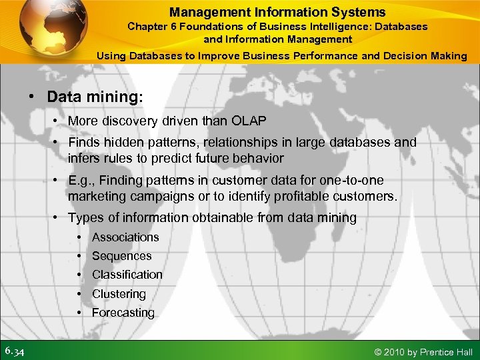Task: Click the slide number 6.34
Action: coord(15,351)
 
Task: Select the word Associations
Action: coord(125,237)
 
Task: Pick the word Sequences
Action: coord(122,256)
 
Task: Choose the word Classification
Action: coord(127,275)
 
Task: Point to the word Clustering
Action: coord(119,294)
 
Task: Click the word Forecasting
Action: coord(123,313)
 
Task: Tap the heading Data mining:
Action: coord(95,96)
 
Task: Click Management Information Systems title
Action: coord(277,12)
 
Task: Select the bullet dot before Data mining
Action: coord(32,96)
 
